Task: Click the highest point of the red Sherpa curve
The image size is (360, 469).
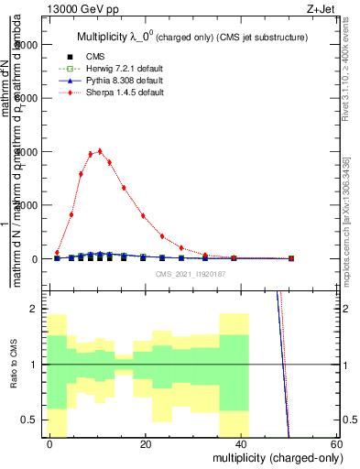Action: (100, 151)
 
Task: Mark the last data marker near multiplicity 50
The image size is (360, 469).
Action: (290, 258)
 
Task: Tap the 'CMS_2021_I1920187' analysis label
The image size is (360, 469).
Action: (191, 274)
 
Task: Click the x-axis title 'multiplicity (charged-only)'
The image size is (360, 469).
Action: (273, 455)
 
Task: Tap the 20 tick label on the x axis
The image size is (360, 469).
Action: (146, 443)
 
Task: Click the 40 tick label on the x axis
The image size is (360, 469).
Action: (241, 443)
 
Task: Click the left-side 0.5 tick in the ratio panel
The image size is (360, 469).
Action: (36, 420)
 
